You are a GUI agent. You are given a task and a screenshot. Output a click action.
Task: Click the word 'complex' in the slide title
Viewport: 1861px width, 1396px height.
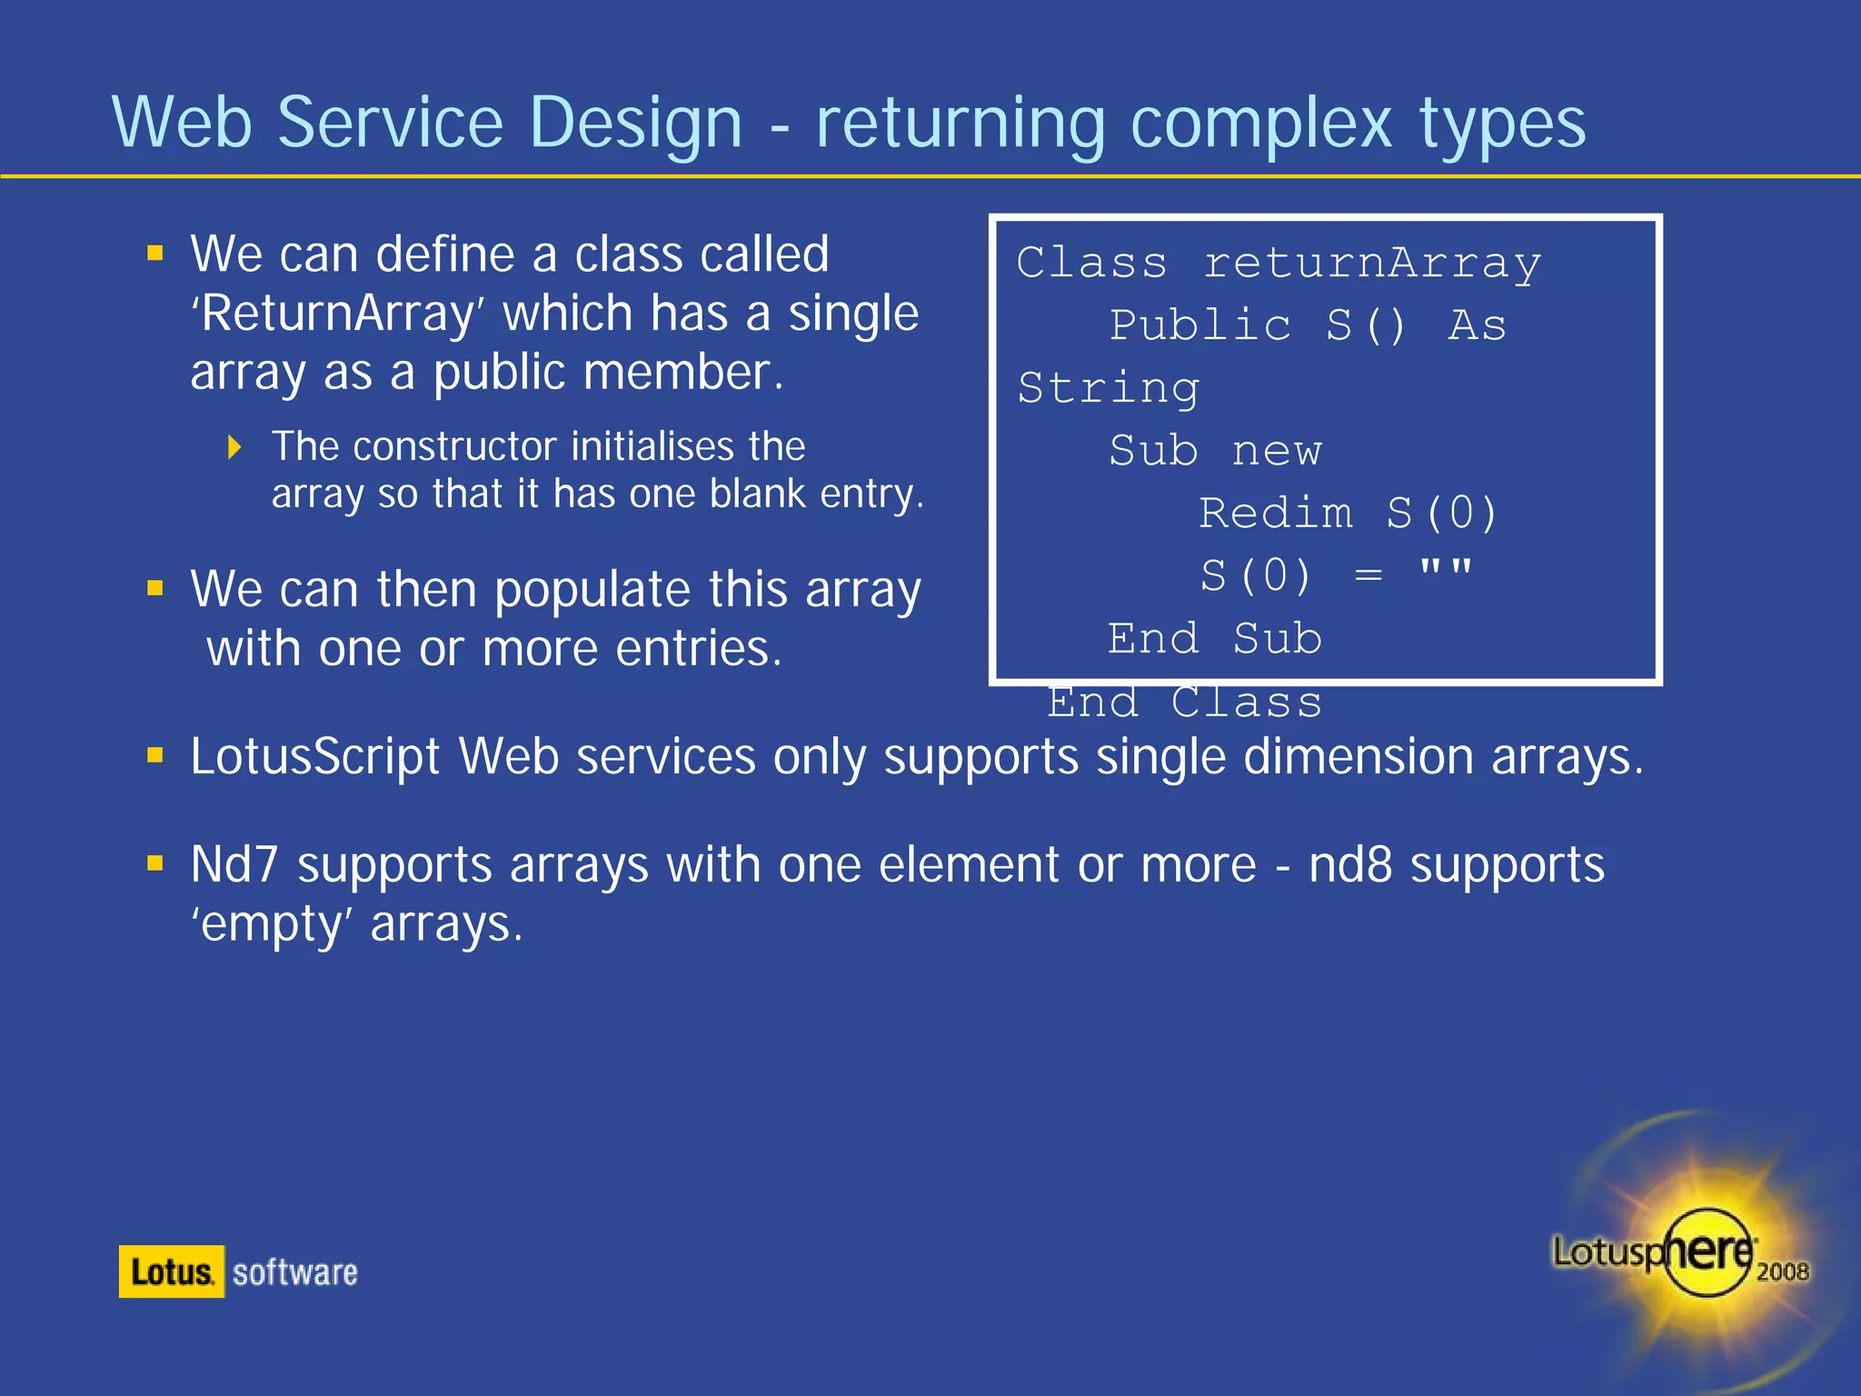click(x=1260, y=124)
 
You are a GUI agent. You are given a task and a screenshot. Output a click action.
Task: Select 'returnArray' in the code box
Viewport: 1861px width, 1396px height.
click(x=1372, y=263)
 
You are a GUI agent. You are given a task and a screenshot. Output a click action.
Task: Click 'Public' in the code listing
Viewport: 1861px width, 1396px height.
click(x=1199, y=325)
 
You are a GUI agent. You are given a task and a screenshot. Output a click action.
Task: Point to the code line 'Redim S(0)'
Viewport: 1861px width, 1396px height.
click(x=1347, y=514)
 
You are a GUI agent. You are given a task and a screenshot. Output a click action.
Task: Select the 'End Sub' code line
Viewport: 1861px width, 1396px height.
click(x=1214, y=639)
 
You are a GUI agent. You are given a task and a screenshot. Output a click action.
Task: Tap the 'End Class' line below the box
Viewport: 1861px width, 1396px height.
click(x=1184, y=703)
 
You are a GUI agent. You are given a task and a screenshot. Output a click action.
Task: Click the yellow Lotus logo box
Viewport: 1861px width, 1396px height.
click(x=171, y=1271)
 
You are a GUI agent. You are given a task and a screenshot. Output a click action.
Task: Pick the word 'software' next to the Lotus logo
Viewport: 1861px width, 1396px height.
click(x=294, y=1272)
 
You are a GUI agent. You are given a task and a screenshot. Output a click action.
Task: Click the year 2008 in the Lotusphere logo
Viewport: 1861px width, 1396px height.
click(x=1782, y=1271)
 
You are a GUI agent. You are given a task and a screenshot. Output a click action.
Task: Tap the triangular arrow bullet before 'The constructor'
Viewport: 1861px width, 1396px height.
click(x=234, y=447)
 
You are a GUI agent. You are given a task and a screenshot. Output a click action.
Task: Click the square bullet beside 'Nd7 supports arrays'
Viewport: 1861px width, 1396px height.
click(x=155, y=863)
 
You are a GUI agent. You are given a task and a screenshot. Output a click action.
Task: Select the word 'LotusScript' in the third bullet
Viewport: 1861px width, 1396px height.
click(x=314, y=756)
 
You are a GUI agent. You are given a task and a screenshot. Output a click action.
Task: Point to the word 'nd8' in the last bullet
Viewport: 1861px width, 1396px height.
click(x=1349, y=864)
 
